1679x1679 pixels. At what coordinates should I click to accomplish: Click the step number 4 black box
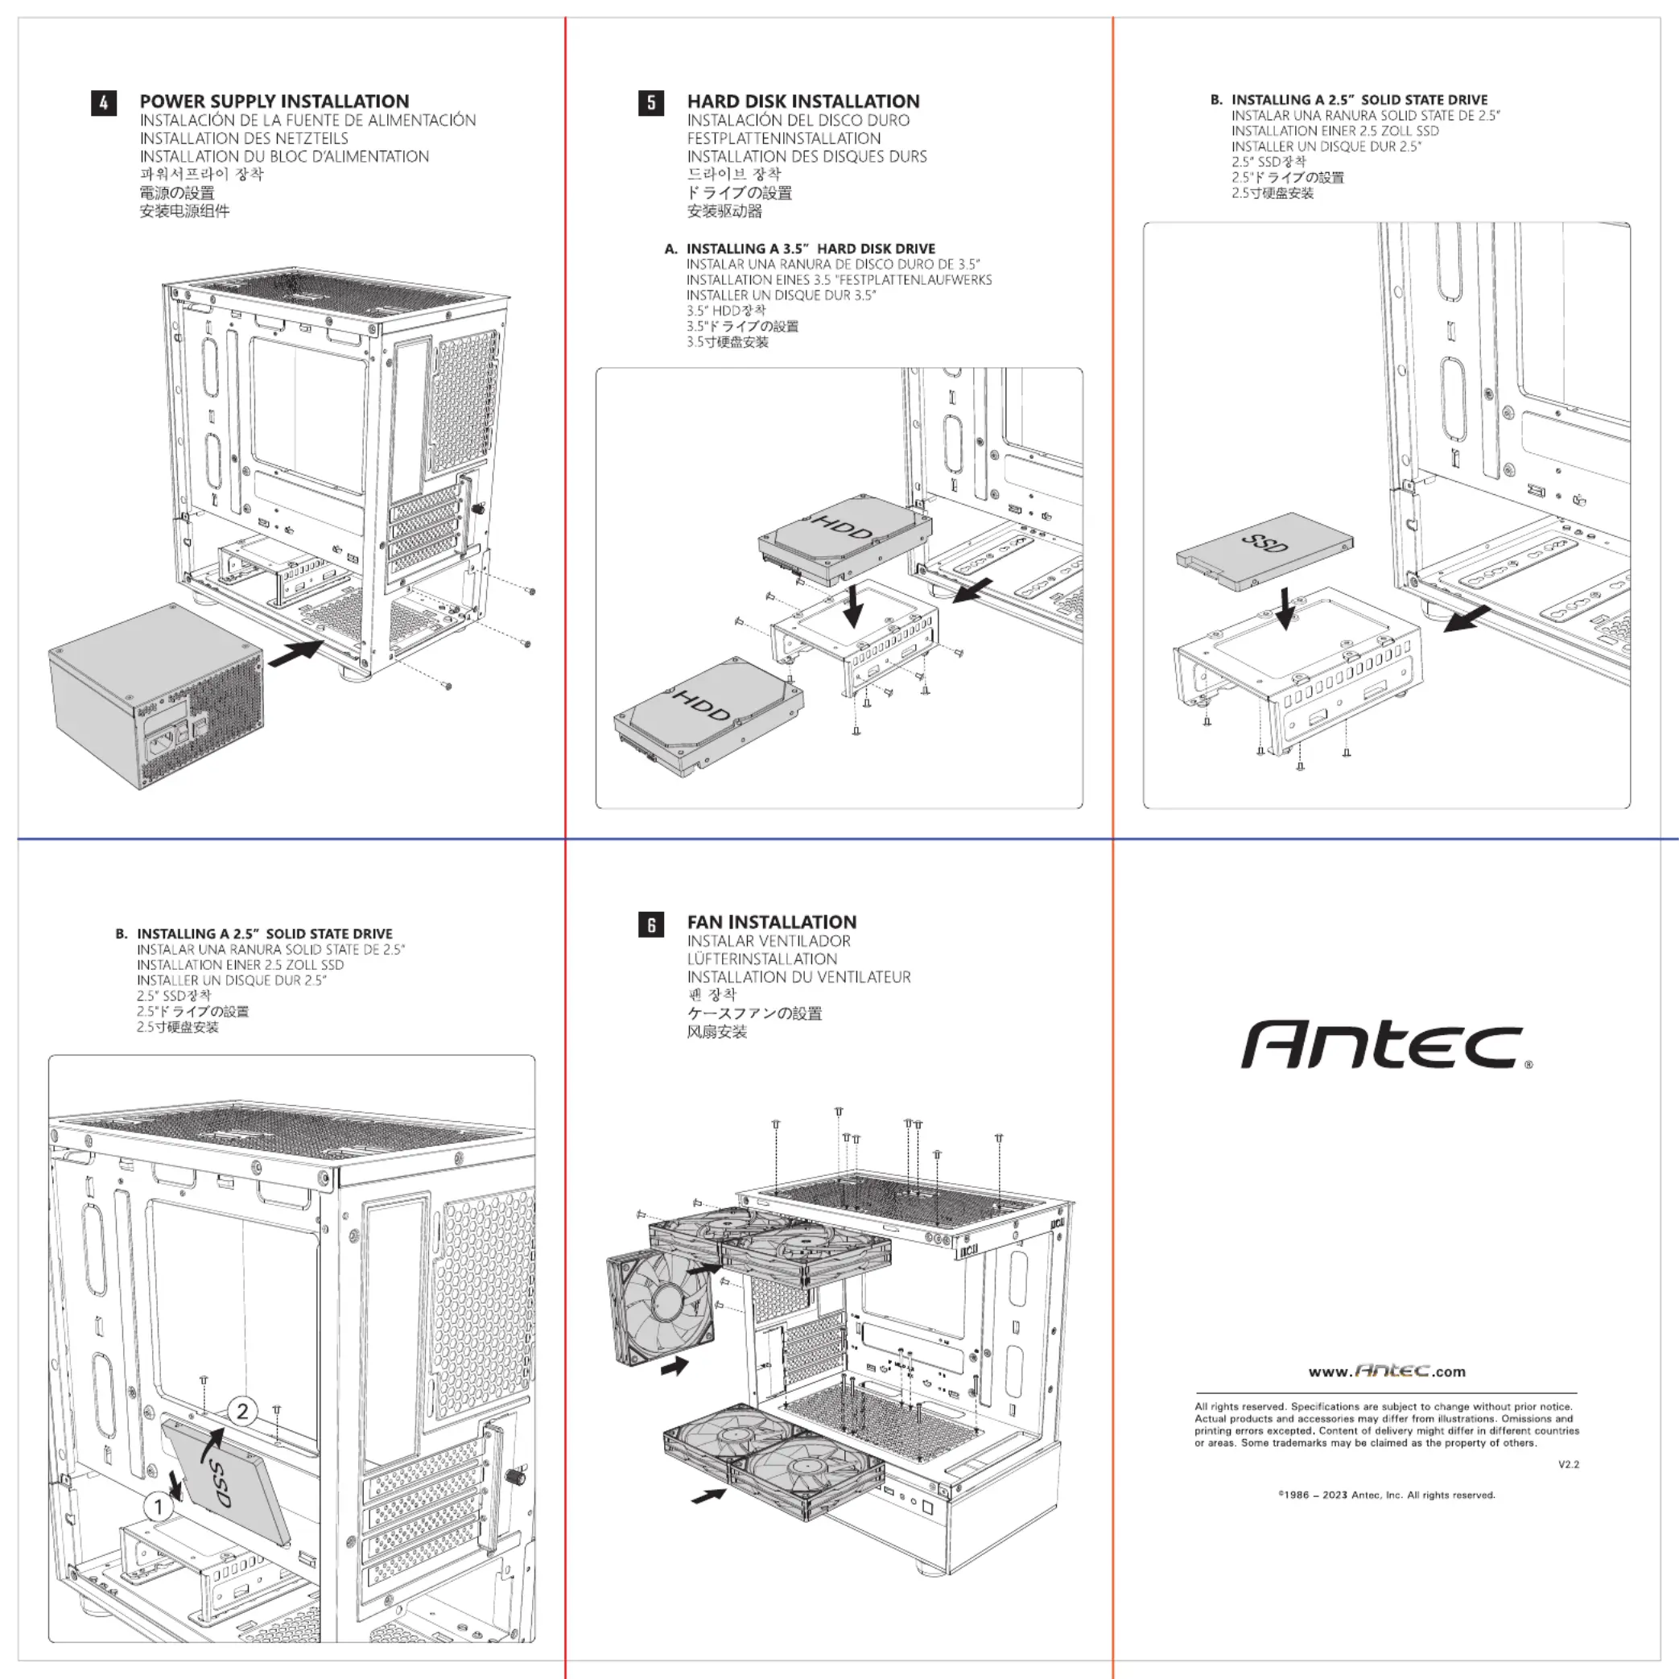[103, 103]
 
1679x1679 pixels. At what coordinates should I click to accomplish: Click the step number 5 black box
[651, 103]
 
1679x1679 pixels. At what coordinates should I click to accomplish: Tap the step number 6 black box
[651, 925]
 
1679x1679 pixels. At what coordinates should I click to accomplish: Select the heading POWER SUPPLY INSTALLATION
[274, 101]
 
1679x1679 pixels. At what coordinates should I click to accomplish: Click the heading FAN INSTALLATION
[772, 922]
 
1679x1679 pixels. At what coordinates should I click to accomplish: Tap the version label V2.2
[1568, 1464]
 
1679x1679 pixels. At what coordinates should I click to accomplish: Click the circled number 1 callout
[159, 1506]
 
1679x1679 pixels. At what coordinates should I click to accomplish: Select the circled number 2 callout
[242, 1411]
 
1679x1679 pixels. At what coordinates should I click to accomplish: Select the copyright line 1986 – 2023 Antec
[1386, 1495]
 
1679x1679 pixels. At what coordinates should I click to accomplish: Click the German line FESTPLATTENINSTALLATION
[784, 138]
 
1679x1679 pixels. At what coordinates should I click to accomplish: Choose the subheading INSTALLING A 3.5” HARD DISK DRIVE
[810, 249]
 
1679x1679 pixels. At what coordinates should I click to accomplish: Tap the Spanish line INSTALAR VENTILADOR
[768, 941]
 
